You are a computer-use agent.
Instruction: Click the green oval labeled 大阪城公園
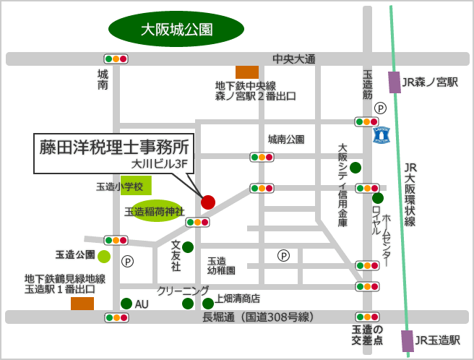pos(176,30)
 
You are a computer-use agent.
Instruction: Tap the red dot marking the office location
pos(208,202)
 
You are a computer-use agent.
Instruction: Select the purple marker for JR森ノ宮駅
pos(394,82)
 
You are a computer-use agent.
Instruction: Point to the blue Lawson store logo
pos(382,134)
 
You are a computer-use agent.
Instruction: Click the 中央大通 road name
pos(294,59)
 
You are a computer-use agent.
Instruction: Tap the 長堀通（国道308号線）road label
pos(257,317)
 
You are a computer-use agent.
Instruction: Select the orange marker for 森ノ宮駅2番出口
pos(247,72)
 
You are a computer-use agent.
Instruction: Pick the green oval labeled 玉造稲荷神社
pos(155,212)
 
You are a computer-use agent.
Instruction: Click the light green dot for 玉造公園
pos(104,255)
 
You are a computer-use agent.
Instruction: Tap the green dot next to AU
pos(126,304)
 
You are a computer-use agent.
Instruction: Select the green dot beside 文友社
pos(188,247)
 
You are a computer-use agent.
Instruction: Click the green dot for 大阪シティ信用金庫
pos(355,168)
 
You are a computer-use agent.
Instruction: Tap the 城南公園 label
pos(286,139)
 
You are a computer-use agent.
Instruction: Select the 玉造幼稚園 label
pos(221,265)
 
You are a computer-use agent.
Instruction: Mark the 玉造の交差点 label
pos(367,335)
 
